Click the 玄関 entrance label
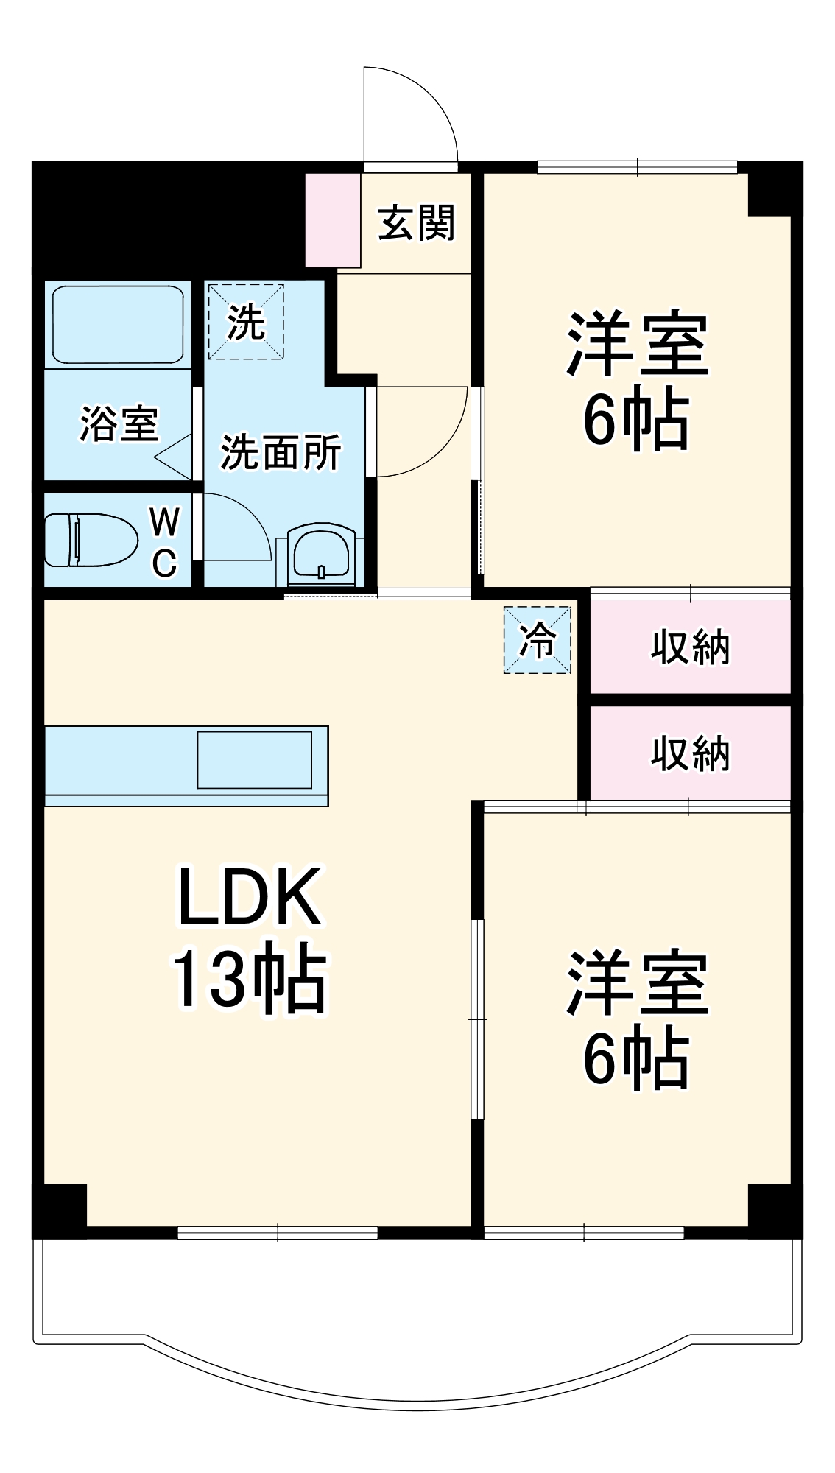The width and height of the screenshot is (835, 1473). (417, 222)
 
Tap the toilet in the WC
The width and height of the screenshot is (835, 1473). (91, 540)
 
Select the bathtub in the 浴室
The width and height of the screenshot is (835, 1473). (118, 324)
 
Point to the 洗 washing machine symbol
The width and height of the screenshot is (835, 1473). (245, 322)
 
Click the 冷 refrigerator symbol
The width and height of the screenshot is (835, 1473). (537, 639)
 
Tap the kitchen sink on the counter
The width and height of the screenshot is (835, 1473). (254, 759)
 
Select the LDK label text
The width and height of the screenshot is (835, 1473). (250, 896)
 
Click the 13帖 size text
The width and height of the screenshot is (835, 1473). (249, 979)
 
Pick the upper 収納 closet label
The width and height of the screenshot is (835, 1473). (690, 647)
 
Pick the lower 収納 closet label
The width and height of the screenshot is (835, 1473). (690, 753)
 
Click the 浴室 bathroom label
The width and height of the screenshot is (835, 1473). (119, 423)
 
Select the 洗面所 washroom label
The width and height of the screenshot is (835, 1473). (281, 451)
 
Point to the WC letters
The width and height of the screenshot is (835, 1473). (164, 542)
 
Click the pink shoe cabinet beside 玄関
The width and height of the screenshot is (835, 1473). (333, 220)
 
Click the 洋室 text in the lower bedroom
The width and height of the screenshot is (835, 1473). (637, 983)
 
